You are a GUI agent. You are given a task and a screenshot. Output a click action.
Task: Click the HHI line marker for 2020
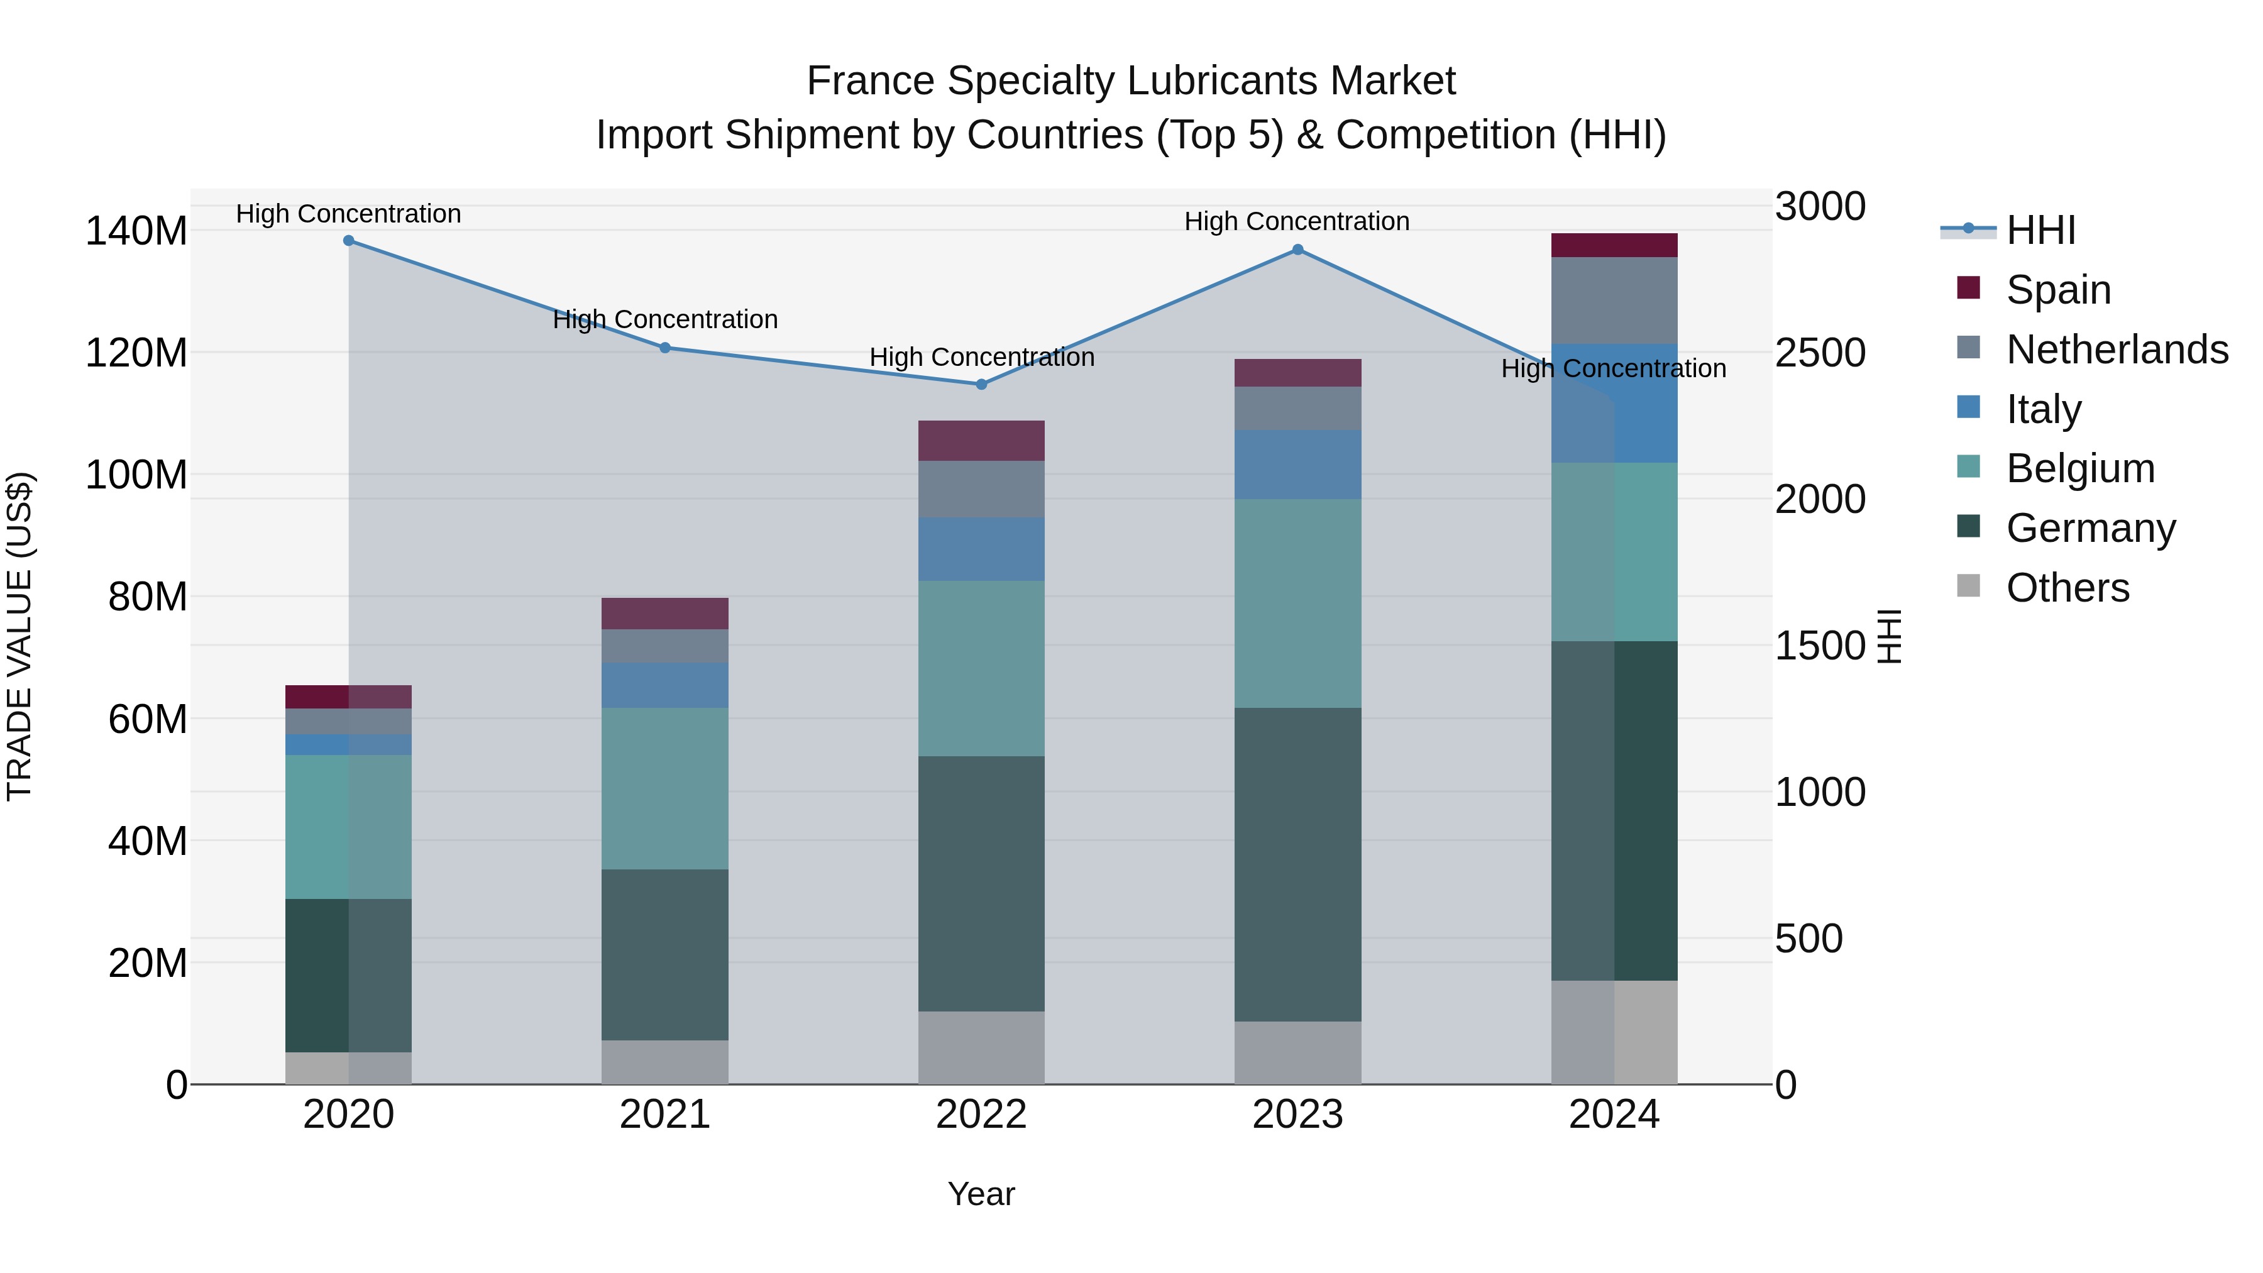click(349, 241)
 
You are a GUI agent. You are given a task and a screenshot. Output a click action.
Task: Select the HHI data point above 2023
click(1297, 250)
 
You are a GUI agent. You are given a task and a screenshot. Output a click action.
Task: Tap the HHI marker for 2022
click(981, 384)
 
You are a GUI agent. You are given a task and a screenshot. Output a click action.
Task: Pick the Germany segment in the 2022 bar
click(981, 883)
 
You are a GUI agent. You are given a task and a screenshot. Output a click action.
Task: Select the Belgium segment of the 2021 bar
click(665, 788)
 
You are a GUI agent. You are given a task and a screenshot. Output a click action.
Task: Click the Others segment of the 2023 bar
click(1297, 1052)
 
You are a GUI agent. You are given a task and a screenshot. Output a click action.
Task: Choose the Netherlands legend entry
click(2117, 349)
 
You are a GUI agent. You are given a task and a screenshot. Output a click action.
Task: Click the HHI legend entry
click(2040, 230)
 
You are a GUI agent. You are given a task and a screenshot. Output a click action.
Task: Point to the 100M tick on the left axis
click(136, 475)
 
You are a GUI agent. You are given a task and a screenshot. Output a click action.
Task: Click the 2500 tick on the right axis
click(1819, 352)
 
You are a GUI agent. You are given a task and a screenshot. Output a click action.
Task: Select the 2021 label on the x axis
click(665, 1115)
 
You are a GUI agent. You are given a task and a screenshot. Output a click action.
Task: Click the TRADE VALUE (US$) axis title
click(19, 636)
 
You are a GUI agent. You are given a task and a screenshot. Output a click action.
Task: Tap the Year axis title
click(981, 1194)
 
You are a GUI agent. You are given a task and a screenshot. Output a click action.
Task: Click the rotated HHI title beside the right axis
click(1889, 636)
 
